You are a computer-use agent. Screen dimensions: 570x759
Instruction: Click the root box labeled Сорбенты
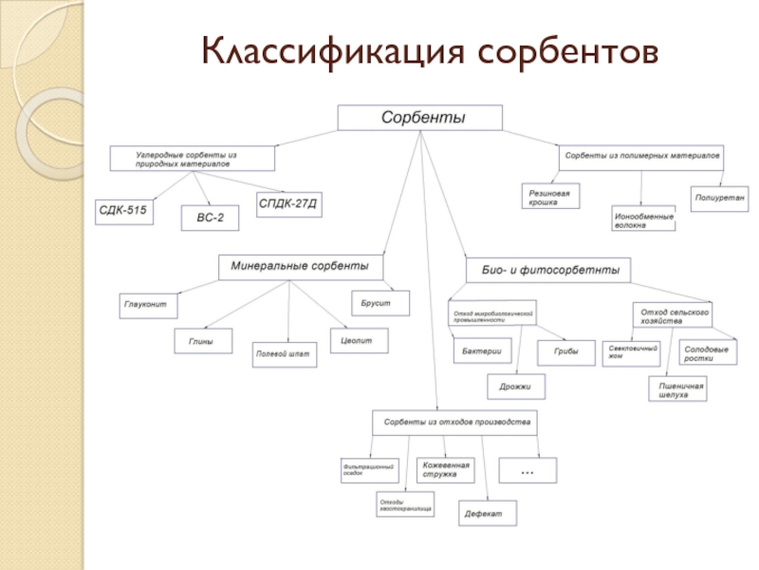(x=420, y=119)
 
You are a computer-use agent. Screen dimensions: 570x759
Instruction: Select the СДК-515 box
(x=124, y=211)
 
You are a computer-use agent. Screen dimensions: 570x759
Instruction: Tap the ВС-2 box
(x=210, y=219)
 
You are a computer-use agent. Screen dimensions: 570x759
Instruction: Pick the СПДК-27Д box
(x=288, y=204)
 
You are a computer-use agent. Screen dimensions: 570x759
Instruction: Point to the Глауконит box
(x=150, y=306)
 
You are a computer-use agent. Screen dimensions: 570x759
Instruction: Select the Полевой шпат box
(x=283, y=354)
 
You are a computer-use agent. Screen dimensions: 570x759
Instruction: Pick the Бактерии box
(x=482, y=351)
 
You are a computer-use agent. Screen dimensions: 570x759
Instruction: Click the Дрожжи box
(x=516, y=386)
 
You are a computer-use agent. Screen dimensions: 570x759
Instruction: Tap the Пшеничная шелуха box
(x=677, y=389)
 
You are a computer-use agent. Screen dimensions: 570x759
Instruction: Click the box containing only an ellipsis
(x=527, y=469)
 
